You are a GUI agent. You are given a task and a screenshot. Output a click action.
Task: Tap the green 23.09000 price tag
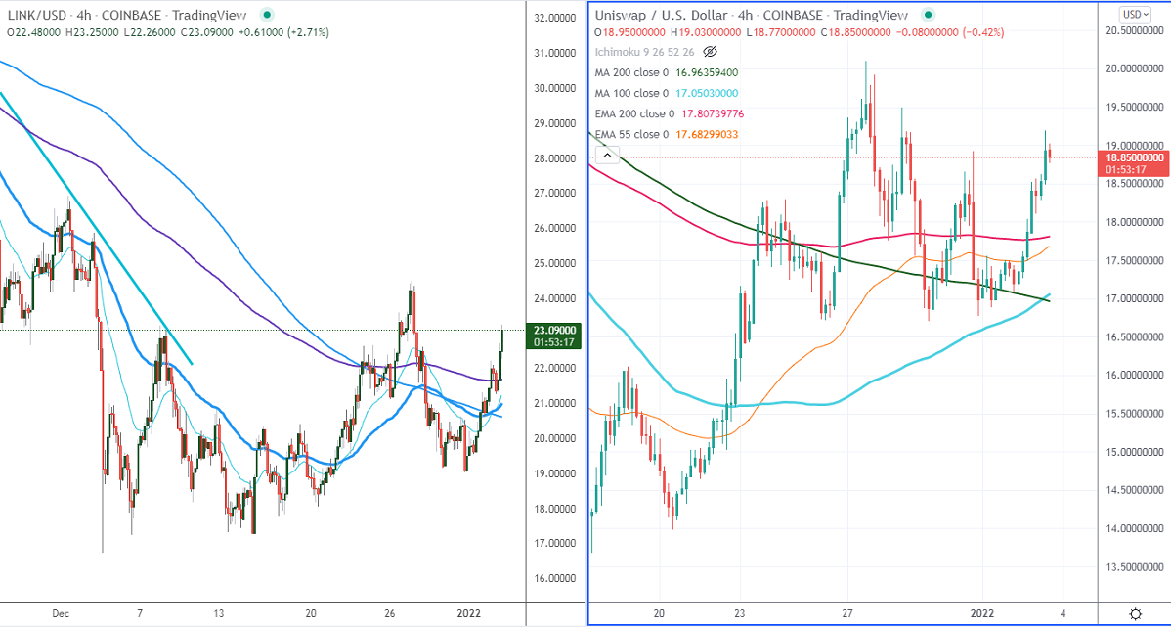click(x=554, y=331)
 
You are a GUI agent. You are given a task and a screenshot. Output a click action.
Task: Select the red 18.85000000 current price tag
click(x=1134, y=157)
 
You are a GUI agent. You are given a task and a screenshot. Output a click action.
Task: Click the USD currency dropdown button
click(x=1134, y=14)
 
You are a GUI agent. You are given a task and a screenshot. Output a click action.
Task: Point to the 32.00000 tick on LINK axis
click(x=554, y=19)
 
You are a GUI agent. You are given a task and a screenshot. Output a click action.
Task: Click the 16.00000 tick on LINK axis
click(x=554, y=578)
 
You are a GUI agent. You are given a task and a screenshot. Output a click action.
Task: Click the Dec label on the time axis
click(x=61, y=614)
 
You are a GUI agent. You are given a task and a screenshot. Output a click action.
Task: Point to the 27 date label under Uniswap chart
click(x=847, y=614)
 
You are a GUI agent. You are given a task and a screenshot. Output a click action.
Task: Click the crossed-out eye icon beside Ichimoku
click(x=711, y=51)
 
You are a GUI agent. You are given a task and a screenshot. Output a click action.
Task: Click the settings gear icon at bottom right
click(x=1135, y=613)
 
